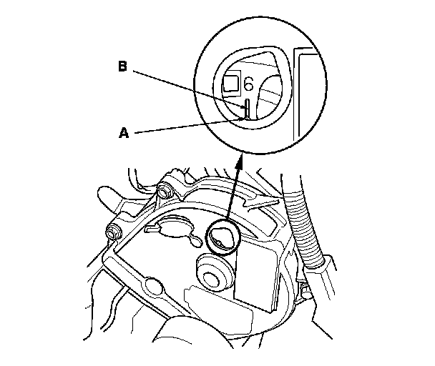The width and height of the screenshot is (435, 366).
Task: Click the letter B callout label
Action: coord(122,66)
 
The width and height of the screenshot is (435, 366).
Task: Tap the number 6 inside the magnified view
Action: coord(248,84)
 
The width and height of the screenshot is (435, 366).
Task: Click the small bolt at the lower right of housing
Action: coord(304,290)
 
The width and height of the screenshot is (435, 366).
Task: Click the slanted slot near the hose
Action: coord(263,204)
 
